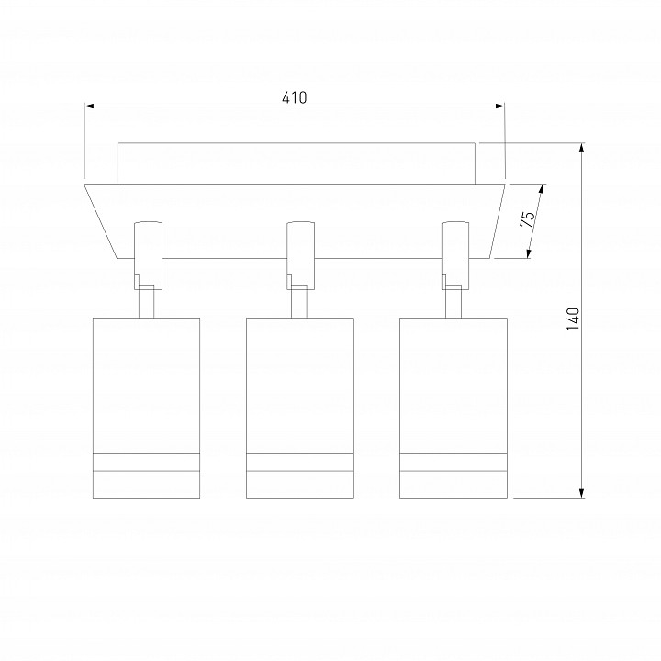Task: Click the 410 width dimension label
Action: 295,97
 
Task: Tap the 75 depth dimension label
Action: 527,218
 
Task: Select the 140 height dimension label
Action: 573,319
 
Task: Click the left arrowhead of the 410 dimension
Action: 89,106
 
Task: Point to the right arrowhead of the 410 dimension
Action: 500,106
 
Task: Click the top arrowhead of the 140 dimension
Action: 582,148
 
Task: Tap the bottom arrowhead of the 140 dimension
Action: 582,493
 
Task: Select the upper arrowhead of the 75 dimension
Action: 542,189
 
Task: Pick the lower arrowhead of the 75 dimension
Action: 529,252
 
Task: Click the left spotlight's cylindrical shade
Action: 146,408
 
